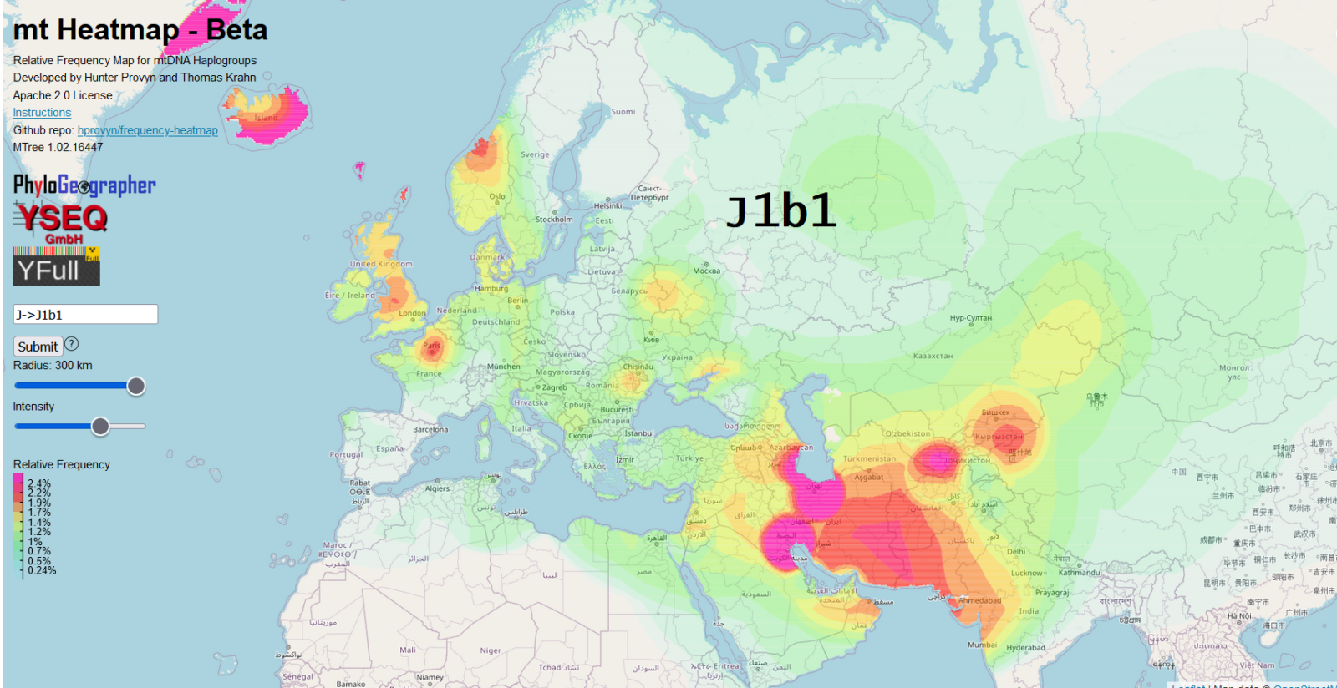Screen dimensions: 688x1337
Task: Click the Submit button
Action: tap(38, 347)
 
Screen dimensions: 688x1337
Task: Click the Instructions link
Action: tap(42, 113)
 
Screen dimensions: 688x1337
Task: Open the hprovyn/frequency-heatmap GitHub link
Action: tap(147, 130)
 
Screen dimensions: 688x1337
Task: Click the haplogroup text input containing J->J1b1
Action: tap(85, 315)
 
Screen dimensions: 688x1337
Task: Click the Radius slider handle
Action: tap(135, 386)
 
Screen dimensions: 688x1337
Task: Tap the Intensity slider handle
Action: tap(100, 427)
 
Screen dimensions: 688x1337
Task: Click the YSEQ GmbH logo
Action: tap(61, 222)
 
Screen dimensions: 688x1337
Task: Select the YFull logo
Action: tap(56, 268)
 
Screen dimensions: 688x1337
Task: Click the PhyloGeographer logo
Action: tap(84, 185)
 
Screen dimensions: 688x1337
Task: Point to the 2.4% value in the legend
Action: tap(39, 483)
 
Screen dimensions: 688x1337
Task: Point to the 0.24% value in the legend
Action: tap(42, 570)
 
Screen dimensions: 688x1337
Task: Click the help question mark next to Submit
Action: tap(72, 344)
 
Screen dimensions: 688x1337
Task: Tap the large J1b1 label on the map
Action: tap(780, 210)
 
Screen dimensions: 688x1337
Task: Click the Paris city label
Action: tap(431, 345)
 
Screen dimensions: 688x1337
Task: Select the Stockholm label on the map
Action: tap(554, 220)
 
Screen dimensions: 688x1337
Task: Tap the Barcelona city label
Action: tap(430, 430)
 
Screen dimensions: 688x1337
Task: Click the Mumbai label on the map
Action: tap(982, 645)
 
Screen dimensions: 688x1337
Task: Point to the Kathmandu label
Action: tap(1079, 573)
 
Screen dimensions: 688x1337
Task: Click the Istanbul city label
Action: tap(639, 433)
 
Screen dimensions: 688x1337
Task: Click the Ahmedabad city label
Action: tap(979, 600)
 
